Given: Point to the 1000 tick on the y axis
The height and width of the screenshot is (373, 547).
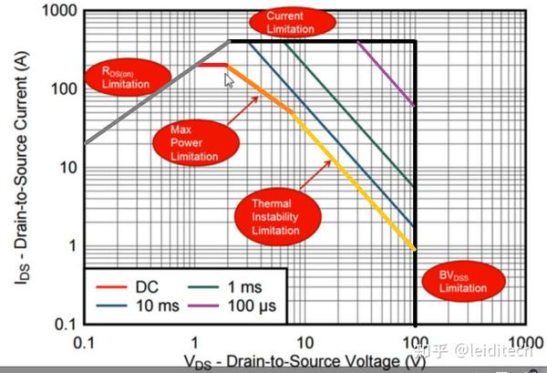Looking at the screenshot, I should [x=59, y=10].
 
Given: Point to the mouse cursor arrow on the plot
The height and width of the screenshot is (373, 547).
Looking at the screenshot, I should [x=229, y=79].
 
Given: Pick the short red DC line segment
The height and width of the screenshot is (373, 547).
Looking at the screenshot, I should [x=212, y=65].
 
